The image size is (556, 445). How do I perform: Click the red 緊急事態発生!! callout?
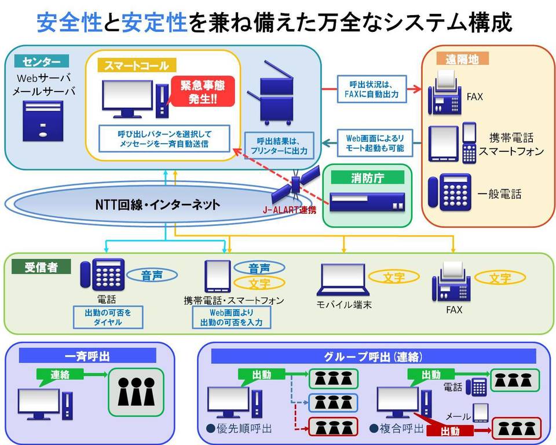point(202,92)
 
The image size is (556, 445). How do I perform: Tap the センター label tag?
point(41,61)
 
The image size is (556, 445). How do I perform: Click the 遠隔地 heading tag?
point(459,59)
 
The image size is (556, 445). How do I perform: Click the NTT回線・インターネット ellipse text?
point(158,204)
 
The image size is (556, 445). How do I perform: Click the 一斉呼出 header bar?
point(88,355)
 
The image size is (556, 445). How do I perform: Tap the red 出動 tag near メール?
point(451,431)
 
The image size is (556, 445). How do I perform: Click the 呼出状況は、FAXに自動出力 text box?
point(371,89)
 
